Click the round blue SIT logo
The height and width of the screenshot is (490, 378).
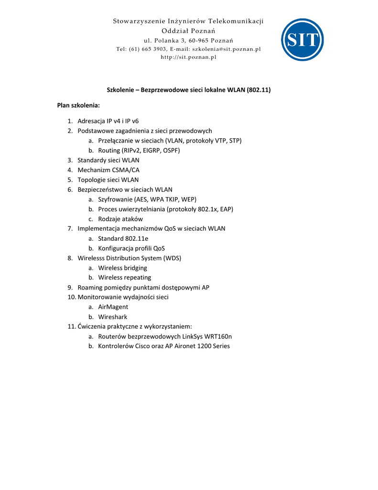tap(302, 40)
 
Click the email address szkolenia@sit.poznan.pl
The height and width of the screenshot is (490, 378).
tap(227, 49)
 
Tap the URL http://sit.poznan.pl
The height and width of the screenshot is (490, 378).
tap(188, 57)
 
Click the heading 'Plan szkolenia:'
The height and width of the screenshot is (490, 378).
tap(78, 105)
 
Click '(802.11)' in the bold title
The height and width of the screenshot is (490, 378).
tap(259, 89)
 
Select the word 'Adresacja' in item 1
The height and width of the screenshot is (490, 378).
tap(91, 121)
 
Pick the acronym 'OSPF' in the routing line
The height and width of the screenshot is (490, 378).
tap(172, 150)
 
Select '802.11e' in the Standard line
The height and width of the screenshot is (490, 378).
tap(137, 238)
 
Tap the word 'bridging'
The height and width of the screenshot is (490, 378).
tap(135, 268)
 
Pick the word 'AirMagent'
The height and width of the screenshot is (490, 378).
tap(113, 307)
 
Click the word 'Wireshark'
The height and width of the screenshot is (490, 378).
tap(113, 317)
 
